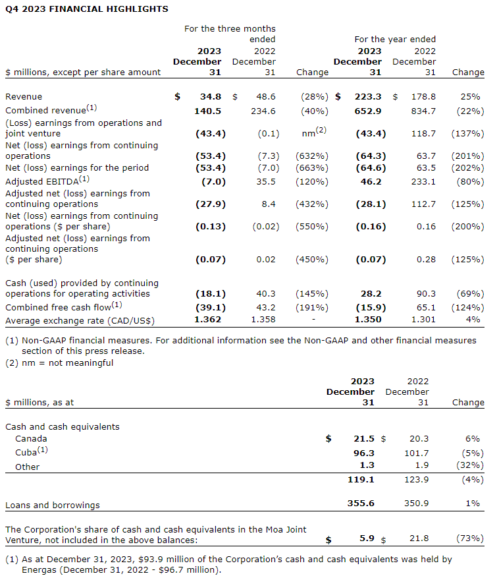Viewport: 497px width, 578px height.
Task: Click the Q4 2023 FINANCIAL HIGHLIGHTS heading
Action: click(x=87, y=9)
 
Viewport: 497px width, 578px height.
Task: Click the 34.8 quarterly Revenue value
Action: click(x=211, y=96)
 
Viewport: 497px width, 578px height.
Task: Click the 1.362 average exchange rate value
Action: click(x=209, y=320)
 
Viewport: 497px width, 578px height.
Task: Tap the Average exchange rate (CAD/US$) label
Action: click(x=80, y=320)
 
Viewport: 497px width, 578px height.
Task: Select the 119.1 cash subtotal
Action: click(x=362, y=480)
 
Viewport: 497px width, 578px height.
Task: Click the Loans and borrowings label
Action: click(x=53, y=506)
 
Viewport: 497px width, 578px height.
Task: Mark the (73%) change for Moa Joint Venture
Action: click(x=470, y=538)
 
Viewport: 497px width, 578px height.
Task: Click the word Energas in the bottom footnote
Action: click(x=22, y=571)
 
